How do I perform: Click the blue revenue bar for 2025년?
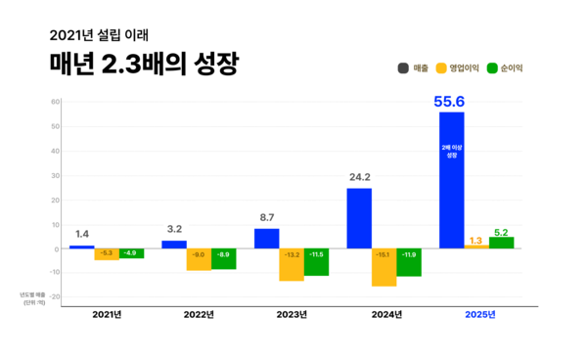451,180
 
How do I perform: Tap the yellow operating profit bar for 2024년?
384,267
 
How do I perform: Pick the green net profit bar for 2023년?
316,261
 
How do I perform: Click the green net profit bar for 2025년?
501,243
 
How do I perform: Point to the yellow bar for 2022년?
199,259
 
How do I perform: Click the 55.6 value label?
451,101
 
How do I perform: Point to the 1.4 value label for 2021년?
81,235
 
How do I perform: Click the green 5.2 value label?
501,231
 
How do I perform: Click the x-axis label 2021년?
107,314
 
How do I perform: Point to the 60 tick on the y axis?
56,102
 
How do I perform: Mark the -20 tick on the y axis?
54,296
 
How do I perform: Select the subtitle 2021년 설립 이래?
102,33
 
